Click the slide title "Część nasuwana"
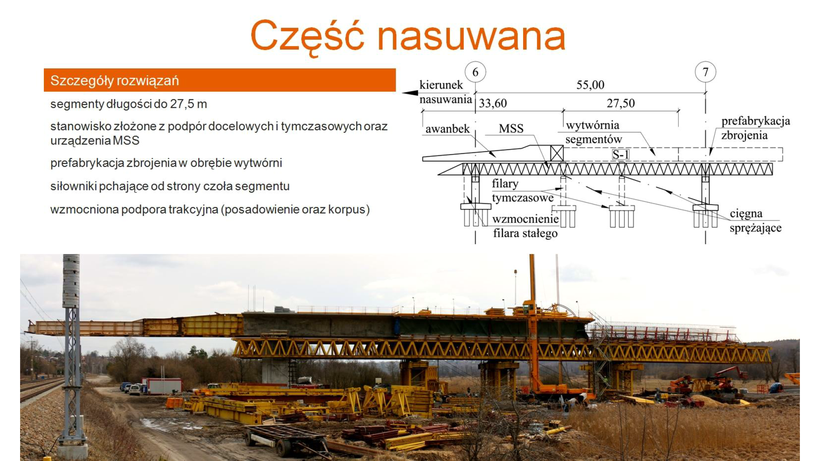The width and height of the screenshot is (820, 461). (x=408, y=36)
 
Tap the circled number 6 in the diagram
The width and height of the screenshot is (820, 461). (x=475, y=72)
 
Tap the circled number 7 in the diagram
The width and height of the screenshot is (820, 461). (x=705, y=72)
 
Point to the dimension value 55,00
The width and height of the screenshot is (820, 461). (x=590, y=85)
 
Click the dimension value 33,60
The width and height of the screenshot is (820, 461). (x=493, y=103)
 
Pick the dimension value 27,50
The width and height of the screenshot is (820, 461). (x=621, y=103)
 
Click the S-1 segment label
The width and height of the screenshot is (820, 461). (x=621, y=154)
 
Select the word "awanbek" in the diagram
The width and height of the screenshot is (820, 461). (x=447, y=129)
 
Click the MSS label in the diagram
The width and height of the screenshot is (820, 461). (x=511, y=129)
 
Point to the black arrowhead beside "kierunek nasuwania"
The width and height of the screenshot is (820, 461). (x=410, y=93)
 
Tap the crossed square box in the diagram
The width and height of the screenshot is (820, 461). (x=556, y=153)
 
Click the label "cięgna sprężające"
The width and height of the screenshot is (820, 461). (x=755, y=220)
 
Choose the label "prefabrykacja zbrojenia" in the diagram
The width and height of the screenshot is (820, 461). (x=755, y=128)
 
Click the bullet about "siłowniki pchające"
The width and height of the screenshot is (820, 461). (x=170, y=186)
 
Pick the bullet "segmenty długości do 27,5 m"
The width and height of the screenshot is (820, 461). (x=128, y=104)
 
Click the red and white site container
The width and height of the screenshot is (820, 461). (x=162, y=386)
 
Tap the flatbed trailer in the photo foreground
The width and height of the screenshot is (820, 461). (x=287, y=438)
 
